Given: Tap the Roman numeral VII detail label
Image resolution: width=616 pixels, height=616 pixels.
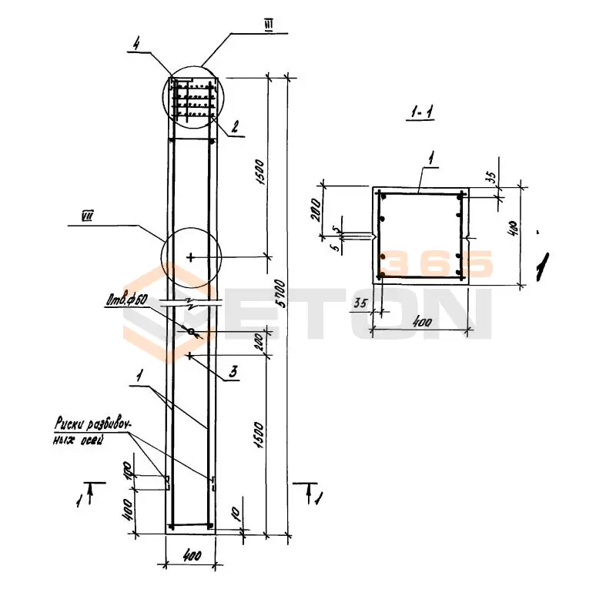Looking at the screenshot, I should click(87, 218).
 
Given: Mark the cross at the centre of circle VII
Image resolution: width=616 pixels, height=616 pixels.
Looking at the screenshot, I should click(191, 256).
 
